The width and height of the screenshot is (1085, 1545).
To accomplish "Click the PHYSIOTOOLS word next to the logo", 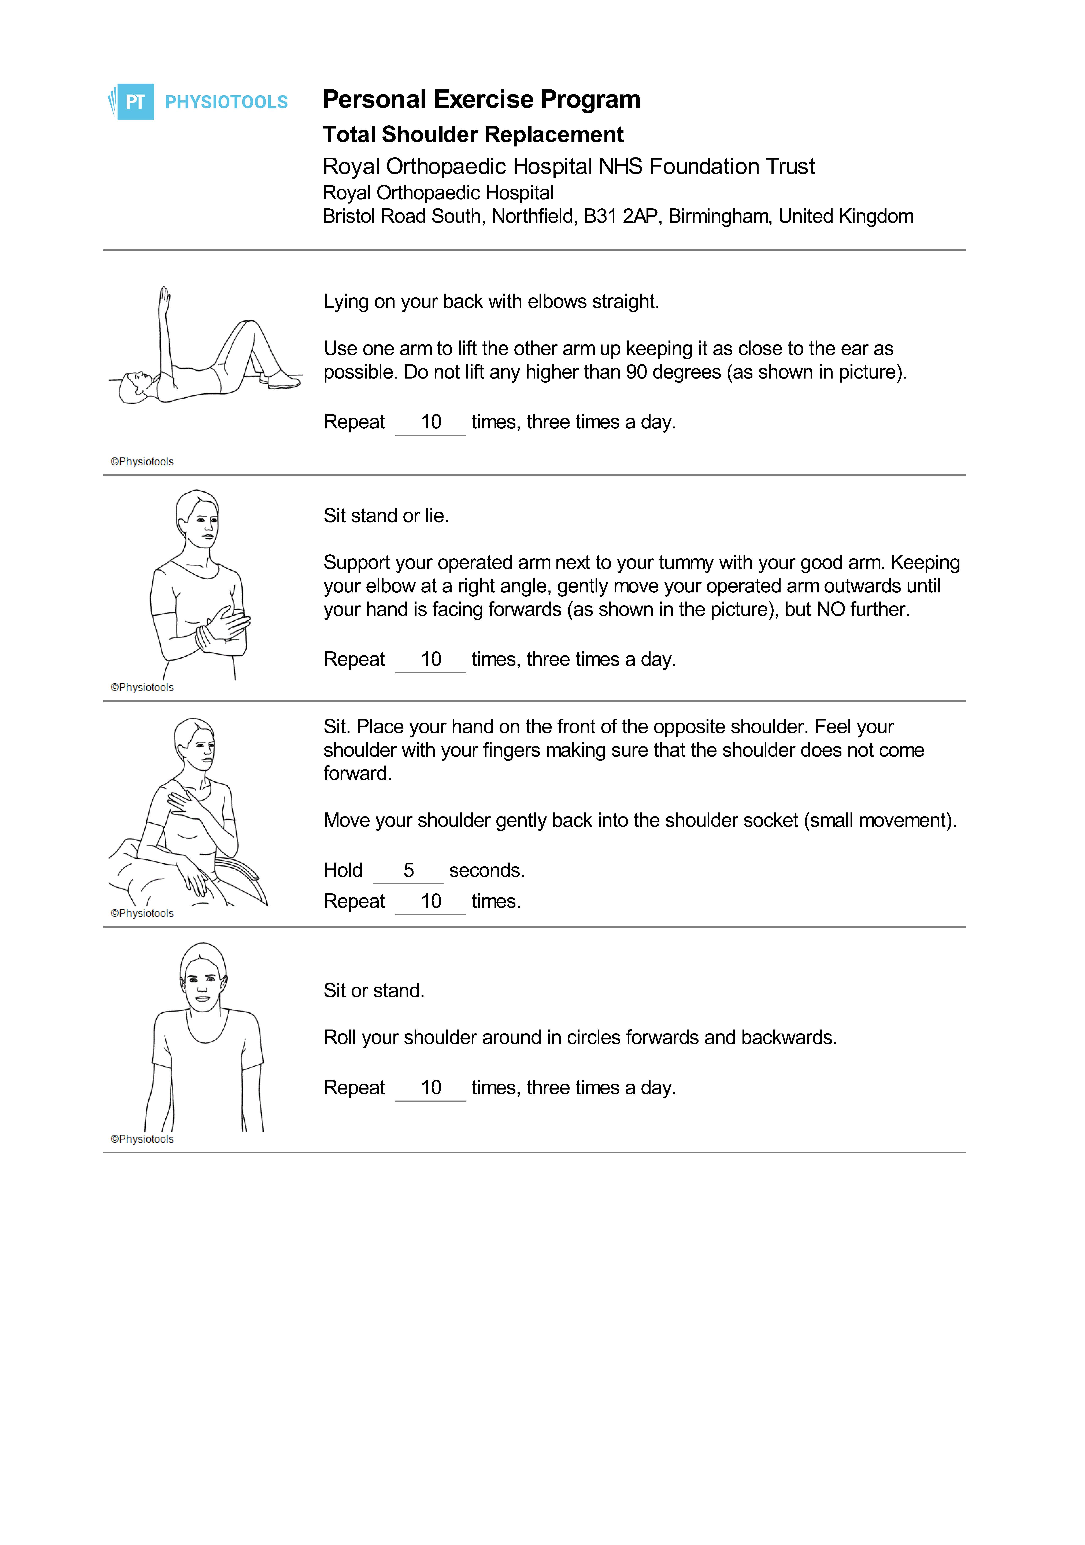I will pos(226,102).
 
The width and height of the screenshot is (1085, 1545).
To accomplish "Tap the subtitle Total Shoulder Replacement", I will pos(473,135).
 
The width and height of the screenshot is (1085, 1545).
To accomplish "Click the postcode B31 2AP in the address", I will pos(620,217).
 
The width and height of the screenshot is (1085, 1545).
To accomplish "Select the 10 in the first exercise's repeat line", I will pos(431,422).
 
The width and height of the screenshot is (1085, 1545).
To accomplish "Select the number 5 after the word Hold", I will pos(408,870).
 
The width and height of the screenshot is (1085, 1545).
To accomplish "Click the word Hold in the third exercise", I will pos(342,870).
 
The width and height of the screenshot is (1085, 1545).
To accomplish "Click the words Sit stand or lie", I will pos(386,516).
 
